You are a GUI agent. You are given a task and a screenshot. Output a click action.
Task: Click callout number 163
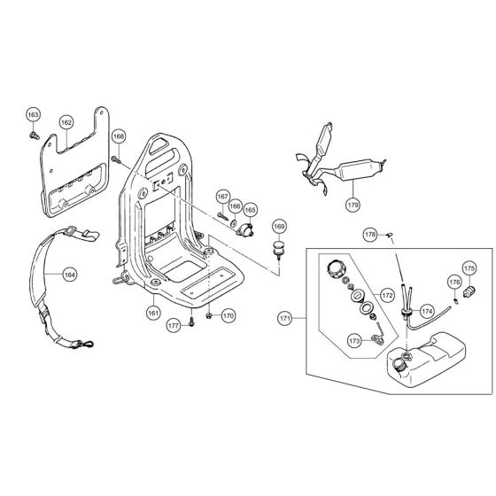33,115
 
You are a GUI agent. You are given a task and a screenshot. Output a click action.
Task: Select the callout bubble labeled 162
66,122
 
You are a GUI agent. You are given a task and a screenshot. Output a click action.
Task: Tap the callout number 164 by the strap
68,275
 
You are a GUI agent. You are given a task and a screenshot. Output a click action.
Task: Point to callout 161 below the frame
154,312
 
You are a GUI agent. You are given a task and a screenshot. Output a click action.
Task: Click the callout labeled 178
370,235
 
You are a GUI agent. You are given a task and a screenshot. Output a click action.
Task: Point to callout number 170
228,315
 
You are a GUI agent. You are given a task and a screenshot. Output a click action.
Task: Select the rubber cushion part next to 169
278,247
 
